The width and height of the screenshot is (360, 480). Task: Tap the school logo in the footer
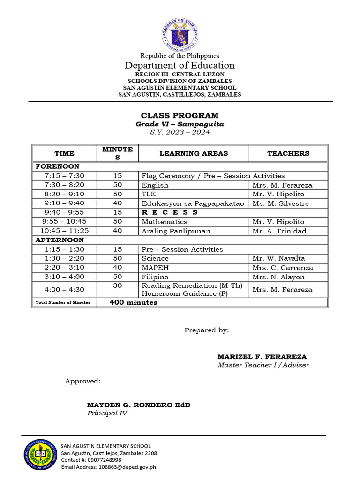point(40,453)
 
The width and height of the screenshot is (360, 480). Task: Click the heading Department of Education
point(180,66)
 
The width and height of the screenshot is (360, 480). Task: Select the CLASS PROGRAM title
point(180,115)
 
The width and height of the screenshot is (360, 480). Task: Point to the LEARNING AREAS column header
point(194,153)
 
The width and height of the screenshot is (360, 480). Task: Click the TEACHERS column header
point(288,153)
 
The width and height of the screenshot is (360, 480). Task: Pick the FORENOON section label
point(58,166)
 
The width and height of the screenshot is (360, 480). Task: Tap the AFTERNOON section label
point(60,240)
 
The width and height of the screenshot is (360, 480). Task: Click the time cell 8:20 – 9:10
point(64,194)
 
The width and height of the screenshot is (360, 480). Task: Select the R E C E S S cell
point(170,212)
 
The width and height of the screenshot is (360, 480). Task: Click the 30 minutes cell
point(117,285)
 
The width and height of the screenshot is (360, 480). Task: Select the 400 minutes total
point(133,302)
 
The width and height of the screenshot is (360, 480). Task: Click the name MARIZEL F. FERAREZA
point(262,357)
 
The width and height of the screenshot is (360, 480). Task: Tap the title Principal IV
point(107,413)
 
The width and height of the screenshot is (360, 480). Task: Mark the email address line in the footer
point(109,467)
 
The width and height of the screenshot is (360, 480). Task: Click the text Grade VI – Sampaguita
point(180,124)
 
